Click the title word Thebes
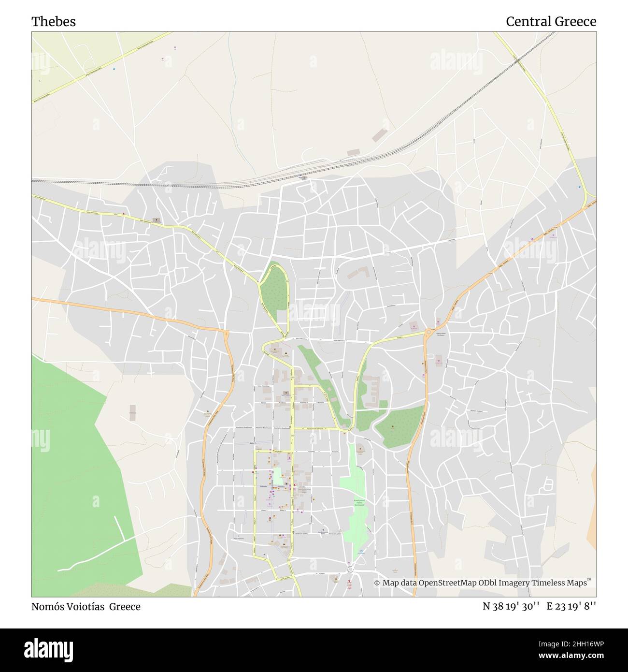[54, 22]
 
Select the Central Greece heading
[551, 22]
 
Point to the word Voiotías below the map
[89, 607]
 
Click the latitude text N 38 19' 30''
[511, 607]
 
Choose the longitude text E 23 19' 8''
[571, 607]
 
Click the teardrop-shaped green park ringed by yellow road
[274, 292]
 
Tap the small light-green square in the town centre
[278, 477]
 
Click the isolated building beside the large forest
[132, 412]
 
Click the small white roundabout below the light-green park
[351, 569]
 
